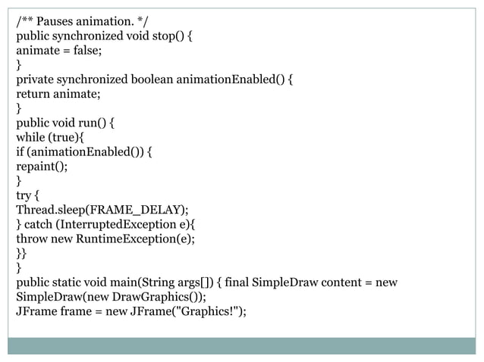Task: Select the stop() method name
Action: (x=165, y=35)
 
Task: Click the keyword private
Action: (x=36, y=79)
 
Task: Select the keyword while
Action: (x=32, y=137)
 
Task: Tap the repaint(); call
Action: (x=42, y=166)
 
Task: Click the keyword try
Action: (x=24, y=195)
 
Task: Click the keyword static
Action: (x=69, y=282)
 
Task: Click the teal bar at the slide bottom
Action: (x=241, y=345)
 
